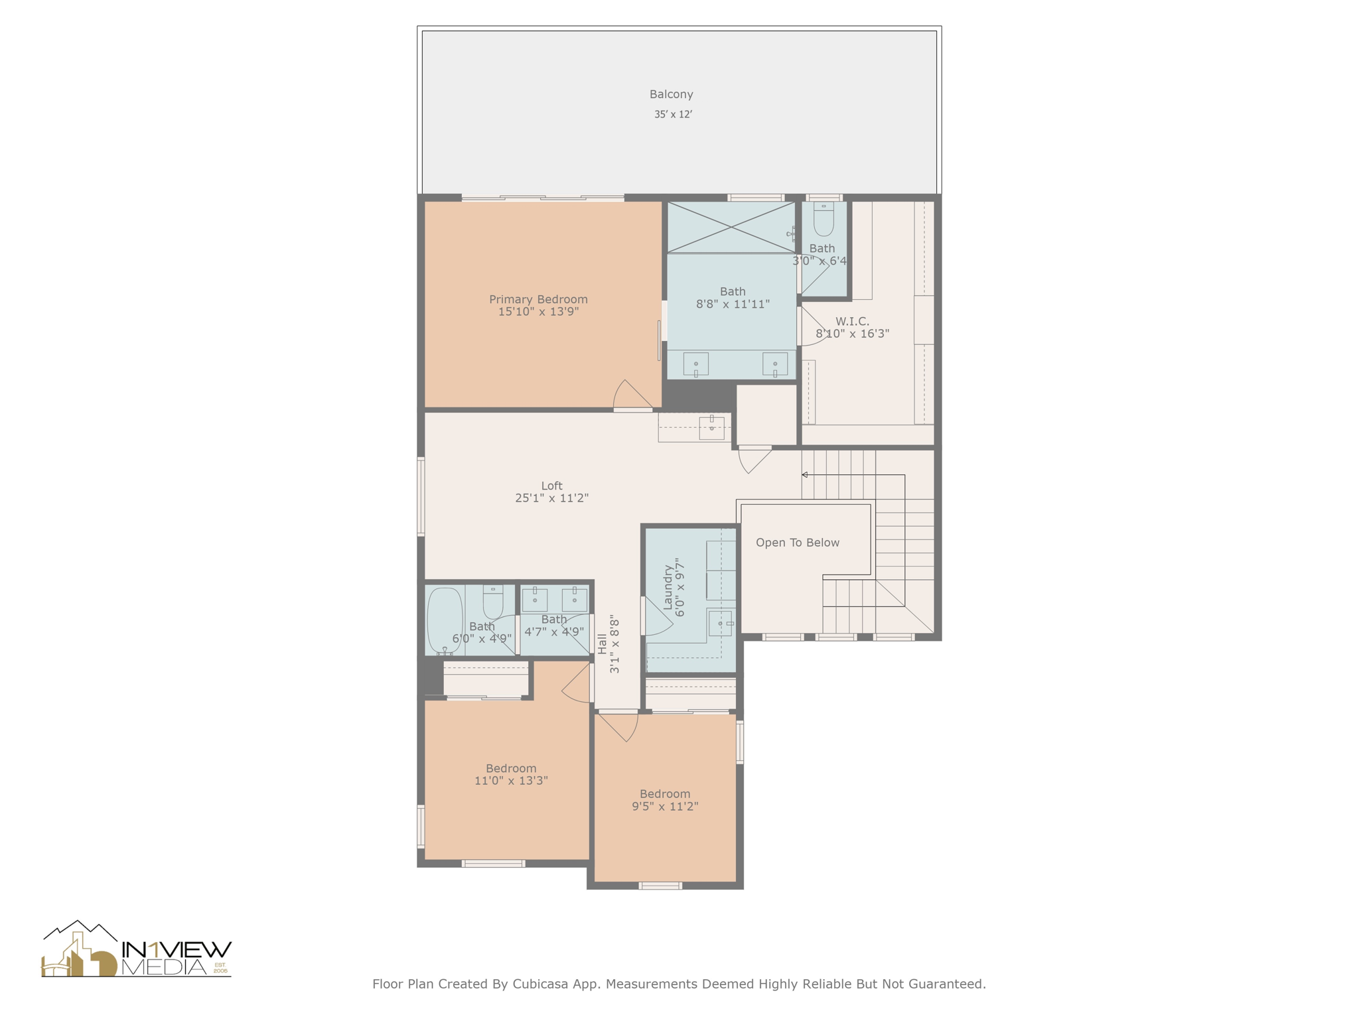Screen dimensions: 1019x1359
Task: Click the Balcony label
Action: point(671,94)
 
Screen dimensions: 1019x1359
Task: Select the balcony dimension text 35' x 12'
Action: point(673,114)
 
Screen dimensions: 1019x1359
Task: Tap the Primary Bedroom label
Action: point(538,299)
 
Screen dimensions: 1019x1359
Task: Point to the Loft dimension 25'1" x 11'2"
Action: point(551,498)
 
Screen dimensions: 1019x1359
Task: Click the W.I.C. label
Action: point(852,321)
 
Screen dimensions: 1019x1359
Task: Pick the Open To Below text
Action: point(797,543)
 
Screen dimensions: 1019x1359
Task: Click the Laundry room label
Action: point(668,586)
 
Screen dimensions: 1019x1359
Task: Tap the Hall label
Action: point(602,644)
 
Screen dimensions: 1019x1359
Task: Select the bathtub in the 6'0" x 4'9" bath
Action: point(444,620)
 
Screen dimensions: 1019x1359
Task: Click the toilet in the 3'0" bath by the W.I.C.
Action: point(823,220)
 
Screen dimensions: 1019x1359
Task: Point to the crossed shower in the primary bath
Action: point(731,227)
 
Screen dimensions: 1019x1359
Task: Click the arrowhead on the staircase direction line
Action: point(804,475)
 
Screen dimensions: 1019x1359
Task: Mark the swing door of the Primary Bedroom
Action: point(632,396)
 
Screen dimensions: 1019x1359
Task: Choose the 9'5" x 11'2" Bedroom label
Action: point(664,794)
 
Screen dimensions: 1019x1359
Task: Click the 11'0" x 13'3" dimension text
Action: point(510,781)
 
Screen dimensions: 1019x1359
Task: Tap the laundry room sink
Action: point(720,624)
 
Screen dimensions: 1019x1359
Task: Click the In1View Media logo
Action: point(136,950)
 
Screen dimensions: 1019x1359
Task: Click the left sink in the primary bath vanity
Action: point(695,364)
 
